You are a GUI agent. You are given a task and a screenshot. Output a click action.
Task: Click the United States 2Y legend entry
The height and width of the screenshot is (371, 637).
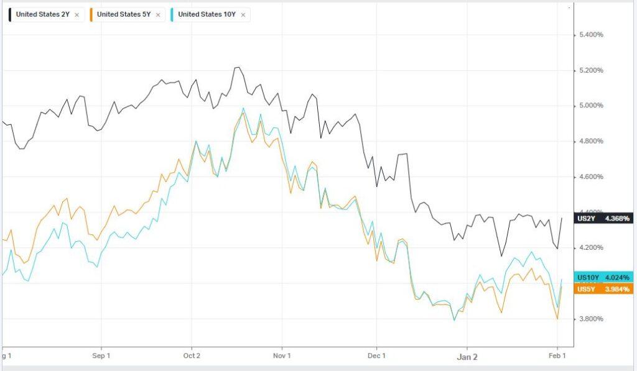coord(43,14)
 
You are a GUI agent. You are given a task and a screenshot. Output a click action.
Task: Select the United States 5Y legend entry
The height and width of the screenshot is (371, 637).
coord(124,14)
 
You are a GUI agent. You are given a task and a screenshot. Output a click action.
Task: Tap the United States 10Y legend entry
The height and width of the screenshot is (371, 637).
coord(206,14)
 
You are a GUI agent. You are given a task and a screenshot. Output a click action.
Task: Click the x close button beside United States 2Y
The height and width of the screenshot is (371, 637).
coord(77,14)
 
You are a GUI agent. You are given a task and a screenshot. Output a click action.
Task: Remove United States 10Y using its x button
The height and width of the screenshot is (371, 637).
coord(243,14)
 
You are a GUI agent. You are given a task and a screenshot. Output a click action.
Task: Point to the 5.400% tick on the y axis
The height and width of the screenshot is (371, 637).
coord(591,35)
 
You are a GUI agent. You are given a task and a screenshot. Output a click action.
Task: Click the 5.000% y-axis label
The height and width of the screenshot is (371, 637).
coord(591,106)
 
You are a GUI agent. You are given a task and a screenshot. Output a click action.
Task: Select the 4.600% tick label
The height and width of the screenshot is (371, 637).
coord(591,177)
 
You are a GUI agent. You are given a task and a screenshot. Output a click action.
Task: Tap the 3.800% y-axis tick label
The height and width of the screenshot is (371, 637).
coord(591,319)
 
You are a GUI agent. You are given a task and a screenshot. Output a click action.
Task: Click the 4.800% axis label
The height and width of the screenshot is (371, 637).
coord(591,142)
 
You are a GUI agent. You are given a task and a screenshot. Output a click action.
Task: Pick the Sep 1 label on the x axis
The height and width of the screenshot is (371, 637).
coord(101,356)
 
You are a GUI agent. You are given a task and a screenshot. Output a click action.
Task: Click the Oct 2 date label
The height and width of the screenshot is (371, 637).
coord(192,356)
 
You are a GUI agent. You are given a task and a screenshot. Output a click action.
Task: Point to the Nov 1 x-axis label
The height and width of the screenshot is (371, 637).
coord(282,356)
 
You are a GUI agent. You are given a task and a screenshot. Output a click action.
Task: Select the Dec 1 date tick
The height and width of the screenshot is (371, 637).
coord(377,356)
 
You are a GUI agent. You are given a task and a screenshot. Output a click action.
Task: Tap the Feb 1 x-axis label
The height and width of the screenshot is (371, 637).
coord(557,356)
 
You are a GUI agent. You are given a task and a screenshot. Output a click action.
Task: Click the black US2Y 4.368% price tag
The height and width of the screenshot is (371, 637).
coord(604,218)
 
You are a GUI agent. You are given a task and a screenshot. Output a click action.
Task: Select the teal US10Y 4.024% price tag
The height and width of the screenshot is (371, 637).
coord(604,277)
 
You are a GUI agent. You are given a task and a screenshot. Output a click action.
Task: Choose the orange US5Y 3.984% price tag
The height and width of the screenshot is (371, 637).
coord(604,289)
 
